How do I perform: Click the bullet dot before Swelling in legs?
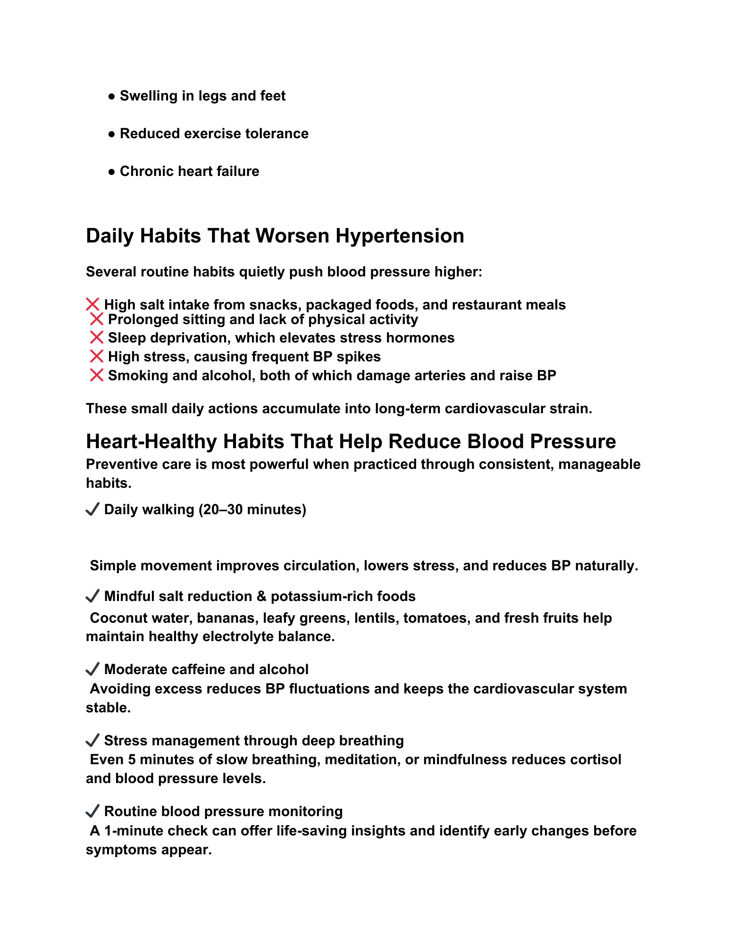[112, 96]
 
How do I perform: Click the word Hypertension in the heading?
[400, 236]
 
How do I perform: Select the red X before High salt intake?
[92, 305]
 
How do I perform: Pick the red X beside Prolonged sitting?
[96, 319]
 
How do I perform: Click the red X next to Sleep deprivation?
[96, 338]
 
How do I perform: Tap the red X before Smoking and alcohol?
[96, 376]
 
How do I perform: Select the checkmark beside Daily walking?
[92, 509]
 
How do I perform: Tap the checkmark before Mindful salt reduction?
[92, 596]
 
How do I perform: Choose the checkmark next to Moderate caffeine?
[92, 669]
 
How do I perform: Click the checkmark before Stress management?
[92, 741]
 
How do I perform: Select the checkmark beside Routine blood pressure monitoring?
[92, 811]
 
